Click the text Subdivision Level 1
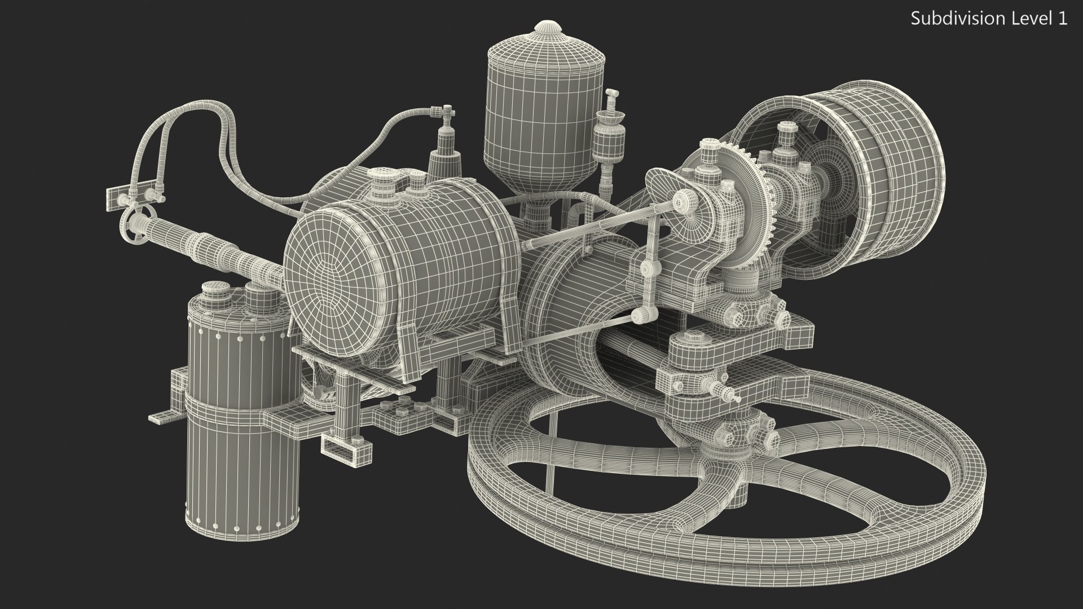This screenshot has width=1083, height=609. [989, 19]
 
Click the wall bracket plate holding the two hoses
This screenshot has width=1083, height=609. [135, 195]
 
